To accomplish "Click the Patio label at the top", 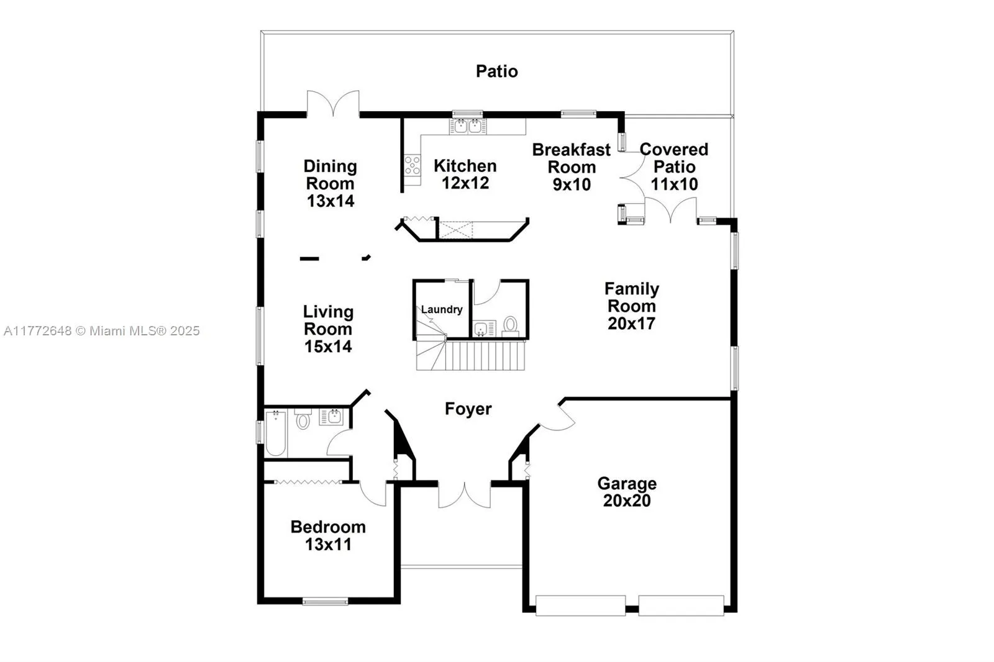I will [x=496, y=71].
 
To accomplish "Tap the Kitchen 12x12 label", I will [x=465, y=175].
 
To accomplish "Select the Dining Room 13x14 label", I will [x=330, y=183].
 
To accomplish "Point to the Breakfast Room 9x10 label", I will [x=572, y=167].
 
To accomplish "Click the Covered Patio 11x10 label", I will [x=674, y=166].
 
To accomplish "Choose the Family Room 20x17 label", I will [x=631, y=306].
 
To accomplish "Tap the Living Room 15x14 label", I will [x=328, y=329].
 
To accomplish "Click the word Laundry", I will [x=442, y=309].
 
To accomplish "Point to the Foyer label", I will [x=468, y=409].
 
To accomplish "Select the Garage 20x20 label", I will [x=626, y=492].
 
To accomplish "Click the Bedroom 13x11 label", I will [x=328, y=535].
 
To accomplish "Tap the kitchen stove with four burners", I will [x=412, y=165].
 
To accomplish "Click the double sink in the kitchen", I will [x=467, y=127].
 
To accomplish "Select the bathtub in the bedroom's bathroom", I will [x=275, y=433].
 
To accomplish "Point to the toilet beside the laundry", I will [x=510, y=325].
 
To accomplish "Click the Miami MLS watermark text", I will [x=101, y=331].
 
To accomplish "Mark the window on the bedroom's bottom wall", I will [x=325, y=601].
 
